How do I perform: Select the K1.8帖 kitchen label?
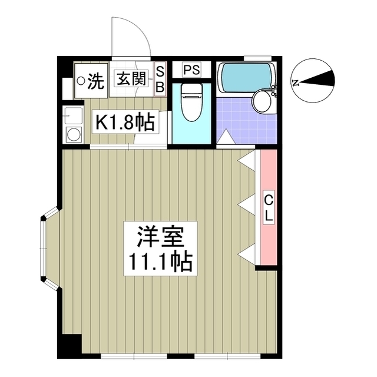tap(125, 122)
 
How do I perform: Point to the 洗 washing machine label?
tap(94, 79)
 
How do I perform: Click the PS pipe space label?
tap(191, 70)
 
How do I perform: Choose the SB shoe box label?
tap(158, 79)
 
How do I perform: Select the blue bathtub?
tap(245, 77)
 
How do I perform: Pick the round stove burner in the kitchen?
tap(74, 134)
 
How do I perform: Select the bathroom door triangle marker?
tap(225, 139)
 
